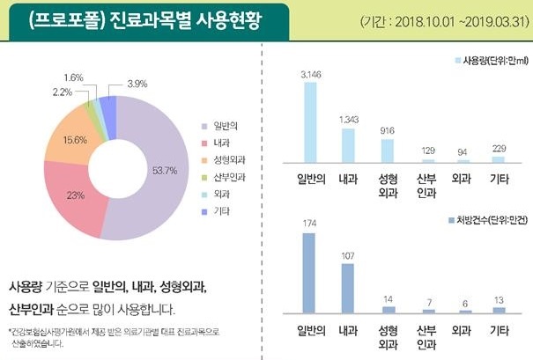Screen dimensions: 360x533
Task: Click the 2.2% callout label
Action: click(63, 92)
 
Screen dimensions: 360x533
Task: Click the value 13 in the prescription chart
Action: click(500, 300)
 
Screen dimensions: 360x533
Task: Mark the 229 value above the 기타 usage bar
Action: click(500, 149)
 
